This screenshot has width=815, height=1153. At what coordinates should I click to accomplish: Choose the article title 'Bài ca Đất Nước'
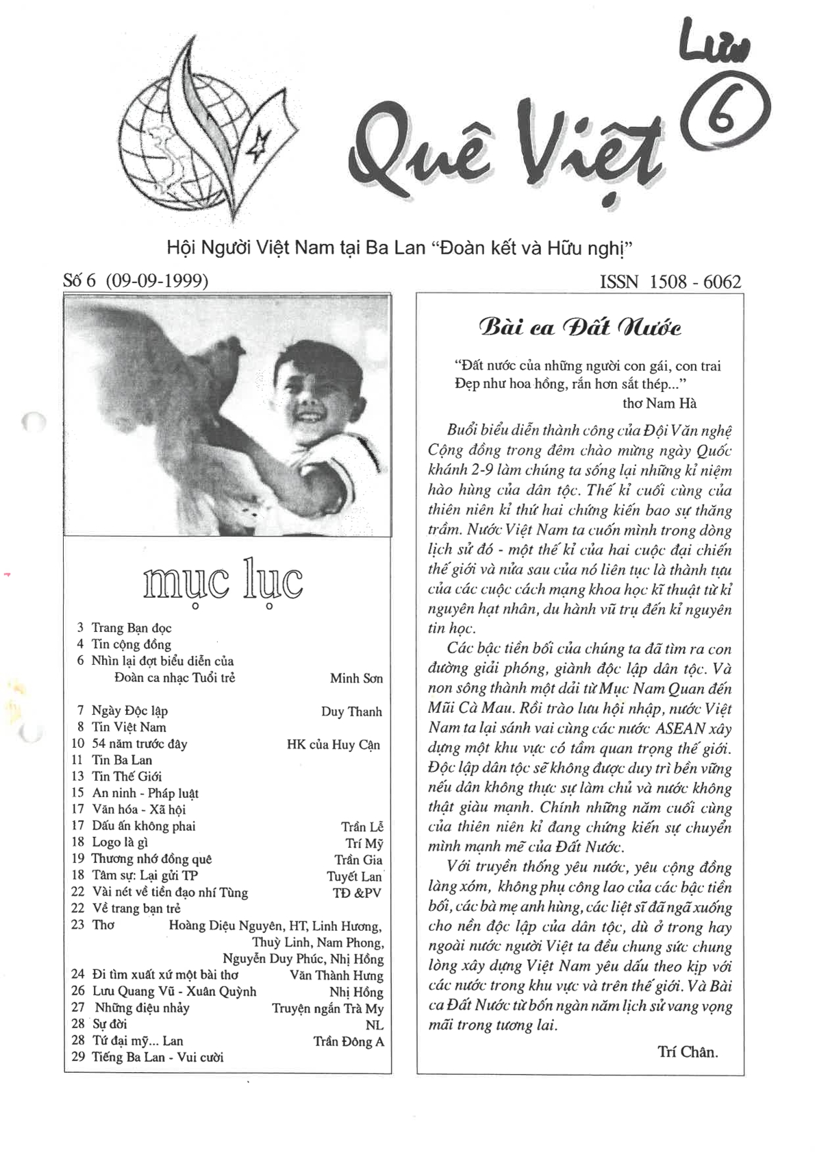[x=579, y=327]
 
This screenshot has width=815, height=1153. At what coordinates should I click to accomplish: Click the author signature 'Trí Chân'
[x=687, y=1052]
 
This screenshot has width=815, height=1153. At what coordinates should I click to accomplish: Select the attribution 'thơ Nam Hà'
[x=659, y=403]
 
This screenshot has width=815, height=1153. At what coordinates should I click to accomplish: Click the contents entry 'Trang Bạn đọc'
[x=131, y=627]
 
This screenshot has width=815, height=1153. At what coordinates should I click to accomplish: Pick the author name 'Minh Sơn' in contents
[x=356, y=678]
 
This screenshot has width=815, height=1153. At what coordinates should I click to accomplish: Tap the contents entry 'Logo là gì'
[x=120, y=842]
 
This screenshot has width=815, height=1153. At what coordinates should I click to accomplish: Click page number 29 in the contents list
[x=78, y=1056]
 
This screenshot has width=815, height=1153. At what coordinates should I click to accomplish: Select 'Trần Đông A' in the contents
[x=349, y=1041]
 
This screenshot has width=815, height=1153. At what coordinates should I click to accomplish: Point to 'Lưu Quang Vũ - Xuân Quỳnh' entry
[x=174, y=991]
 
